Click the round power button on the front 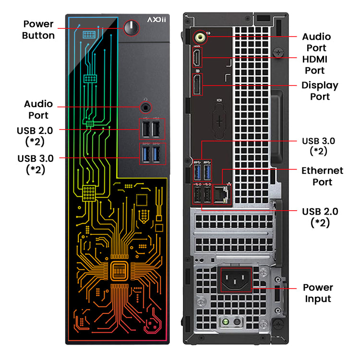tap(131, 28)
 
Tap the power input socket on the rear tap(236, 279)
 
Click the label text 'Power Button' tap(38, 30)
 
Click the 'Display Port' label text tap(320, 91)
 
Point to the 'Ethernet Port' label tap(322, 176)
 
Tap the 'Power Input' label tap(317, 293)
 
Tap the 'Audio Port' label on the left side tap(38, 109)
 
